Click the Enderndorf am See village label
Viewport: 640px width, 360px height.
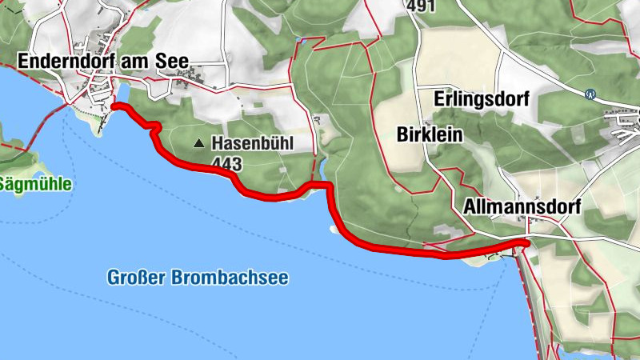click(101, 60)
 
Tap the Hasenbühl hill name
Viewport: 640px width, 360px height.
click(253, 144)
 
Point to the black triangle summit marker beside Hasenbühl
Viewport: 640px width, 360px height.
click(199, 144)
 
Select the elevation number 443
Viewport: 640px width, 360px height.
click(227, 162)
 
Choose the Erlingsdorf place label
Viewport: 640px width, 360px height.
click(482, 99)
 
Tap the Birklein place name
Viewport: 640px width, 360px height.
click(430, 134)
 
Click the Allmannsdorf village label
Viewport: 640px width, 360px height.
click(522, 206)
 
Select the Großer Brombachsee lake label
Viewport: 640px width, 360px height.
click(198, 278)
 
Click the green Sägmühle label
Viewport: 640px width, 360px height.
click(35, 184)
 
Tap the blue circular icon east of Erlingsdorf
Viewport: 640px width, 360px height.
click(590, 93)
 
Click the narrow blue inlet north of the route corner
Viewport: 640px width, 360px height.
click(322, 170)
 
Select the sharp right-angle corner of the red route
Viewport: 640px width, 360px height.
click(328, 186)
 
